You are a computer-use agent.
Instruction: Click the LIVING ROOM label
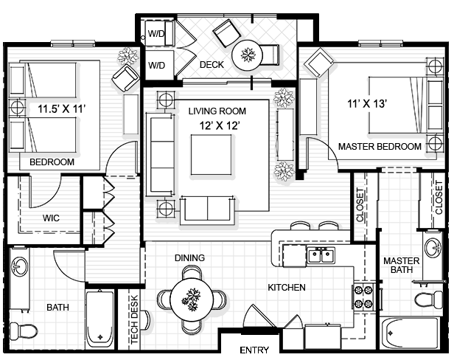[217, 111]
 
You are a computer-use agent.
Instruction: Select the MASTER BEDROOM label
[380, 147]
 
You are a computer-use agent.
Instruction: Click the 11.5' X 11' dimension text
[63, 109]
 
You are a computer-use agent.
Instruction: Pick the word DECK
[212, 64]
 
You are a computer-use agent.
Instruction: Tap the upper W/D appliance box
[157, 32]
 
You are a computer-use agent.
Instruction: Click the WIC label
[50, 218]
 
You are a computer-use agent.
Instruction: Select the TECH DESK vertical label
[134, 319]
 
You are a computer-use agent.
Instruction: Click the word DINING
[189, 258]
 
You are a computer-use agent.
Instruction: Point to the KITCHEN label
[287, 288]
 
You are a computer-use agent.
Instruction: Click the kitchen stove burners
[363, 296]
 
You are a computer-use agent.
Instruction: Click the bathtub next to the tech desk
[99, 319]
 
